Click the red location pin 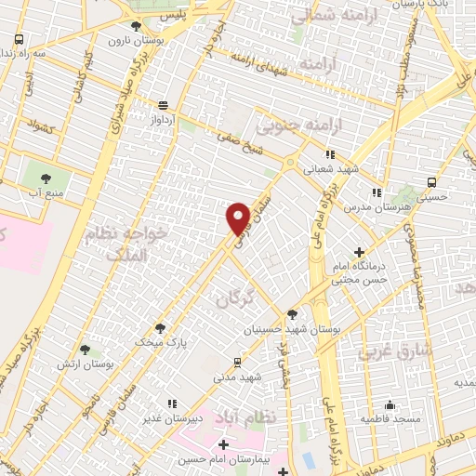coord(238,218)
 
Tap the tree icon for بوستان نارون coord(138,26)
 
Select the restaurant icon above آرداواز coord(164,105)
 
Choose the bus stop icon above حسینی coord(431,182)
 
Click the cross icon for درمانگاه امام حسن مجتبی coord(360,251)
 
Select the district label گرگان coord(234,298)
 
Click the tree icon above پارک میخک coord(161,327)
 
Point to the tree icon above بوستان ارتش coord(85,350)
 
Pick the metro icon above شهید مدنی coord(237,362)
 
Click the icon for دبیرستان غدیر coord(171,403)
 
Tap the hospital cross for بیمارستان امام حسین coord(221,444)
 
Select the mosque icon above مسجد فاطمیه coord(390,404)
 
